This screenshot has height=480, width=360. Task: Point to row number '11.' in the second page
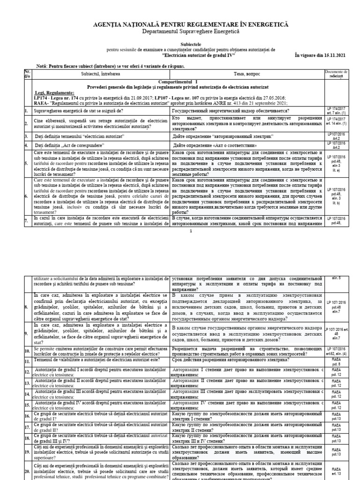point(27,362)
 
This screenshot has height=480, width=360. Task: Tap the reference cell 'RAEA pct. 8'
point(336,362)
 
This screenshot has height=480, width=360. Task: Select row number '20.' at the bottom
point(27,471)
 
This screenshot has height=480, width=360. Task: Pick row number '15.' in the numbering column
point(27,405)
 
